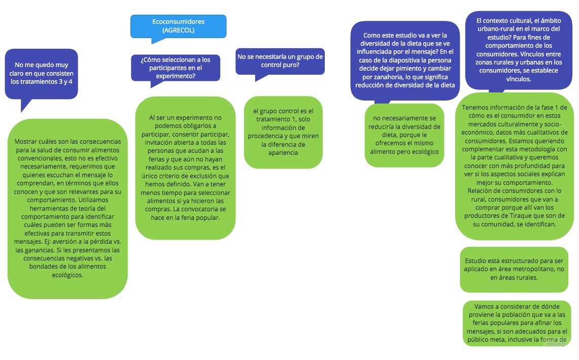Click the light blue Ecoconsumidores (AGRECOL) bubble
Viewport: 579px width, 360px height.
click(178, 26)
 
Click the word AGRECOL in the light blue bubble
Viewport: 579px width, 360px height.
click(178, 30)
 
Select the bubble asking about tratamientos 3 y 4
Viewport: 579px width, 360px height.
click(42, 73)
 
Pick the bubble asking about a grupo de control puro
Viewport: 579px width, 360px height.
click(280, 60)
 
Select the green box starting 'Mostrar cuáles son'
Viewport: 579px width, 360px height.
click(67, 208)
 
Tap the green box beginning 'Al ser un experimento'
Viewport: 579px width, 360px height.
click(185, 168)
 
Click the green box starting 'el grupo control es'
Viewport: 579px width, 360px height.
click(283, 132)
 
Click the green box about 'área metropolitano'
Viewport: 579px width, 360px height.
click(514, 269)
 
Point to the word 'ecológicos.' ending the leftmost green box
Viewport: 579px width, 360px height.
click(67, 275)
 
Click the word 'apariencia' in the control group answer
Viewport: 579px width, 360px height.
click(283, 152)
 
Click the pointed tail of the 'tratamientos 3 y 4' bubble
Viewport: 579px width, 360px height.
click(23, 107)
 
